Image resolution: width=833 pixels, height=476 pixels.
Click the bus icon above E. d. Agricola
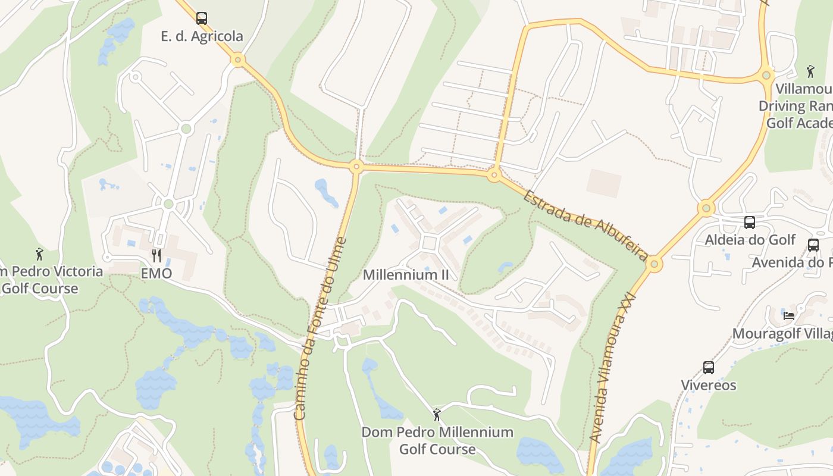point(202,18)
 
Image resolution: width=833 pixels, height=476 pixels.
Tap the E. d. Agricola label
point(202,36)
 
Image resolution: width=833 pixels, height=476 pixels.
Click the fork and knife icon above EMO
point(156,256)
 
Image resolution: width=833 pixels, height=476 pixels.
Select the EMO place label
point(156,274)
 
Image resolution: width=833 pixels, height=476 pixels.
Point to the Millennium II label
point(406,275)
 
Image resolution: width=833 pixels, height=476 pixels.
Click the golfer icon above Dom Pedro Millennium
point(437,415)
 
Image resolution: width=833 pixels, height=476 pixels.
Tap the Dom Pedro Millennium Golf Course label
point(437,440)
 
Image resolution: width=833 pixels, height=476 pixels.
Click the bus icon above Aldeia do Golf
point(750,223)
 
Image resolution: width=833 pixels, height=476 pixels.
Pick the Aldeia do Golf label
point(750,240)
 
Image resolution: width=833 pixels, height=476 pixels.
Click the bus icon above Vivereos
point(708,368)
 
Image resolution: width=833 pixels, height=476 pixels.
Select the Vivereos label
point(708,385)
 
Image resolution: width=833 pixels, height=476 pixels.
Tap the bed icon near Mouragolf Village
point(789,316)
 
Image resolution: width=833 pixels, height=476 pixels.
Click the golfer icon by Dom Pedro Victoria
point(40,254)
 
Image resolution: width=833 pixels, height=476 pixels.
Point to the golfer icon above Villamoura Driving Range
point(810,71)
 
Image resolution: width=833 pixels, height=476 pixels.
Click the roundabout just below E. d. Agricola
point(238,59)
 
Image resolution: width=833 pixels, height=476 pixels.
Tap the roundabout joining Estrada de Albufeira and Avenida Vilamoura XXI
point(654,264)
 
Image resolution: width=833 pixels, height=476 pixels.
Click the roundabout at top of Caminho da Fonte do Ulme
point(356,166)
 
